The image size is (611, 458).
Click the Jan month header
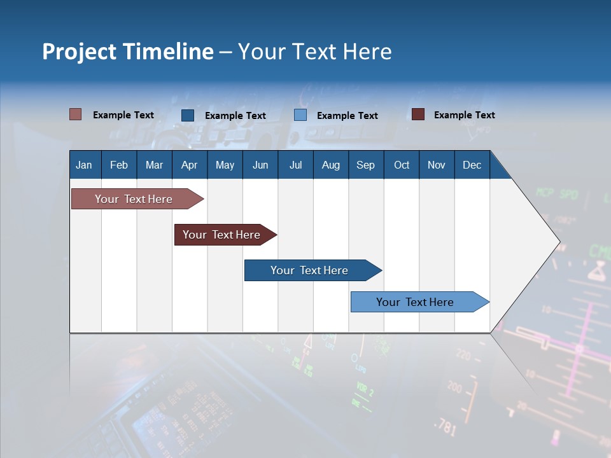[84, 165]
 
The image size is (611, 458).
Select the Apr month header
[189, 165]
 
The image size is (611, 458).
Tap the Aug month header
[330, 165]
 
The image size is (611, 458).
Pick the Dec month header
[472, 165]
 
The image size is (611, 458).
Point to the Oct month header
[402, 165]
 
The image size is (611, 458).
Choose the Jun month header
[260, 165]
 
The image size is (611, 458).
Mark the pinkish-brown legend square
[76, 114]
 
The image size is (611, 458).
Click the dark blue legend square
[188, 115]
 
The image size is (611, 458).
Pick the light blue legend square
[300, 115]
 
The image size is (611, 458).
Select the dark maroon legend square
[418, 114]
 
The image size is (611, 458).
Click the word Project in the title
[79, 52]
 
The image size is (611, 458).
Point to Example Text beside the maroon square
[464, 115]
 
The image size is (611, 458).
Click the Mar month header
[154, 165]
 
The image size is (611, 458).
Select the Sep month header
[365, 165]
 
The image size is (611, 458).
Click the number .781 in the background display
[445, 427]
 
